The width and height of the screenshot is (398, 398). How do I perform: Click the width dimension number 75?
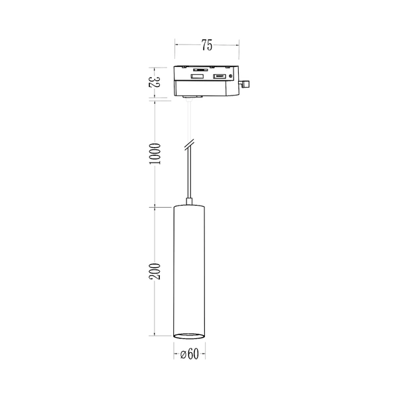206,45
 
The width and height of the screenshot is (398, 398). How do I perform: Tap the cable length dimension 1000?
155,155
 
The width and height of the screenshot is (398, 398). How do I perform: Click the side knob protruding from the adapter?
246,84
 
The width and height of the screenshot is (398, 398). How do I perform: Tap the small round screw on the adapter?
230,78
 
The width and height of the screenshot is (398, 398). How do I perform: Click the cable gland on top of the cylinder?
189,200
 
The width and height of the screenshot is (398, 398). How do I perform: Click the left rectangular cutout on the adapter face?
197,78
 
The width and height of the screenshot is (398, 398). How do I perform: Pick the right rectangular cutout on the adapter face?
218,78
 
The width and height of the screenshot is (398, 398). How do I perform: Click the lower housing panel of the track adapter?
206,89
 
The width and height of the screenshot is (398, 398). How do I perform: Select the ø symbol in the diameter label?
182,354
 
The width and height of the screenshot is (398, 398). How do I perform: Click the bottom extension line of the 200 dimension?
163,336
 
